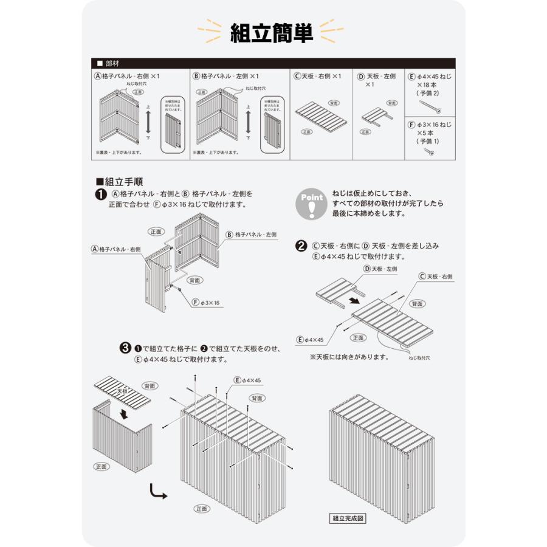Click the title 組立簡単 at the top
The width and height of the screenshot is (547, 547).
pos(272,33)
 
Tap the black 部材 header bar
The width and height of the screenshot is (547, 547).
pos(273,63)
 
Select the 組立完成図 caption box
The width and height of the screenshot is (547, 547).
pos(348,518)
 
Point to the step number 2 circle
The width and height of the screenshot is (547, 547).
pos(300,246)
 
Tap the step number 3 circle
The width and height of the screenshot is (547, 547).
pos(125,348)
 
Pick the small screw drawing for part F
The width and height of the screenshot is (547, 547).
pos(430,151)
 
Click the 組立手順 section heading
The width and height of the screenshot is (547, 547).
pos(120,181)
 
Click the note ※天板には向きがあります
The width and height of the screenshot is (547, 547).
pos(349,357)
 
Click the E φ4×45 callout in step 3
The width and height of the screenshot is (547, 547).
pos(247,380)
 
